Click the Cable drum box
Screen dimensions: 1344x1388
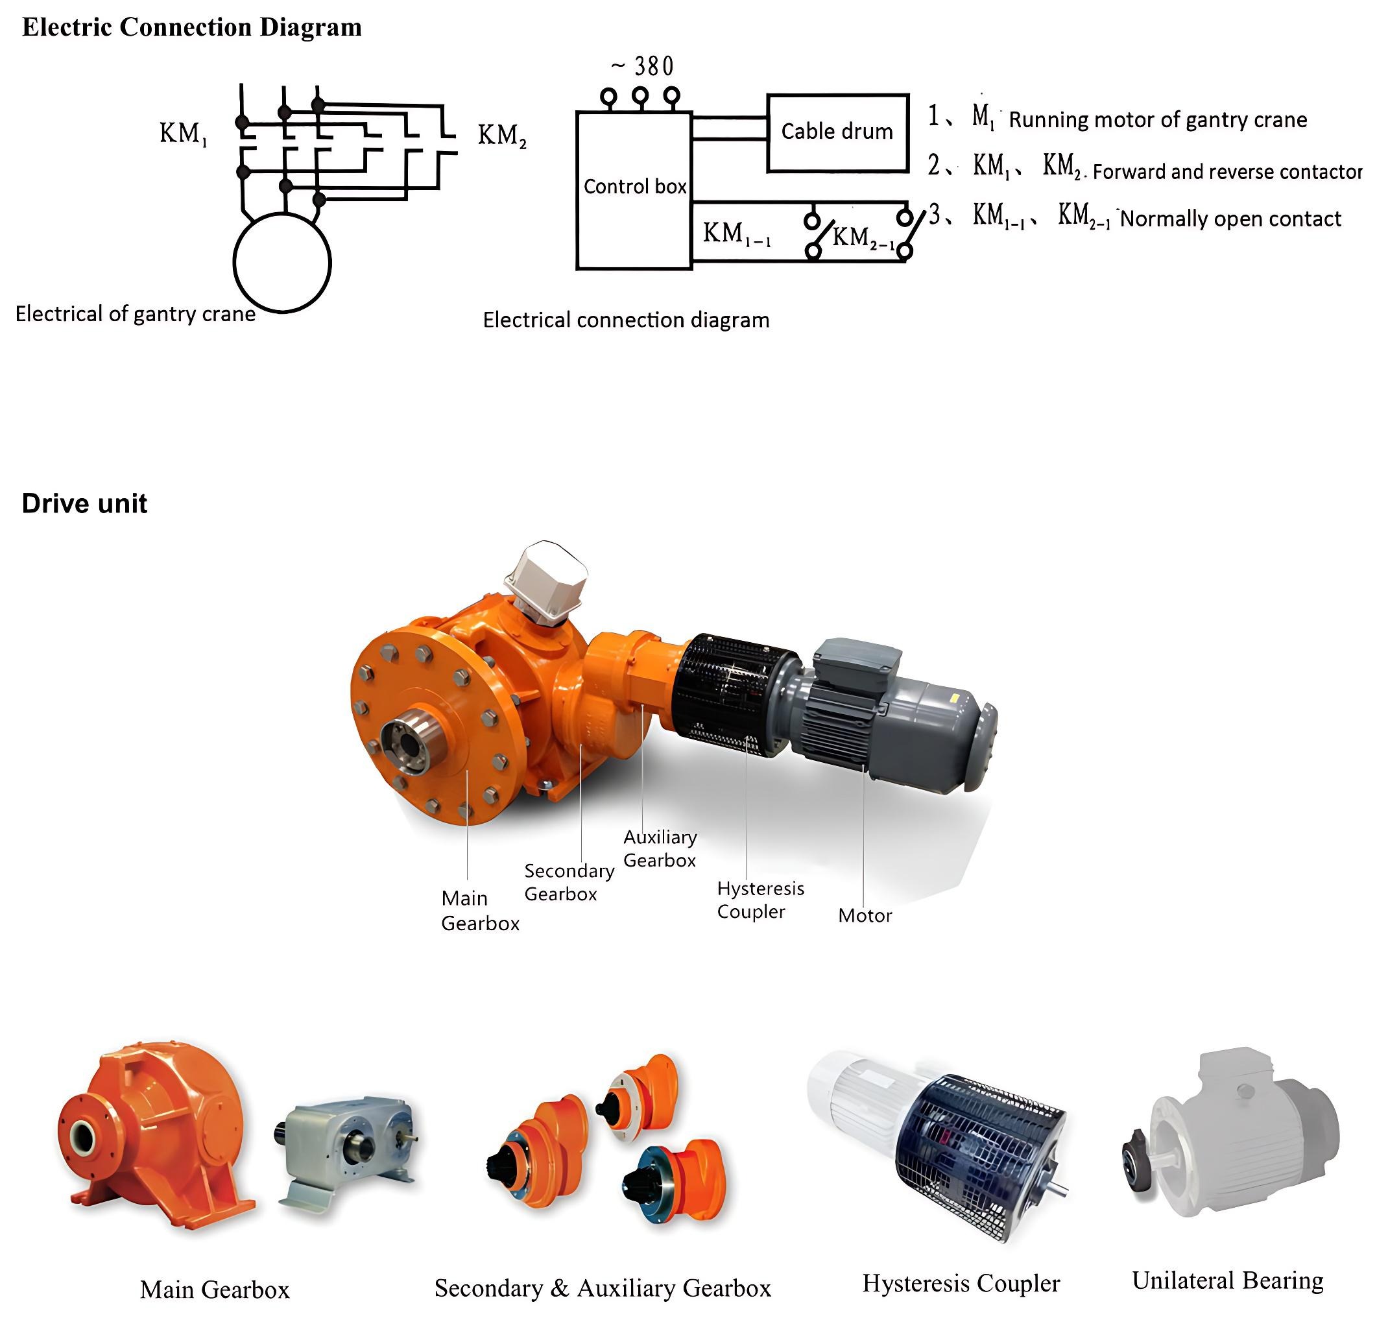pos(837,132)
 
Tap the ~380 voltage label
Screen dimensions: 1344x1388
pos(642,67)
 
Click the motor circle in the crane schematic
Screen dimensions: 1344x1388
pos(282,263)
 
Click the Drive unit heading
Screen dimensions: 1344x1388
pos(84,503)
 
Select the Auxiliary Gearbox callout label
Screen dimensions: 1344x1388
pos(659,848)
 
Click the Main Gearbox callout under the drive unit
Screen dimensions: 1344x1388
pos(479,911)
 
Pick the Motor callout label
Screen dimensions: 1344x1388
pos(865,916)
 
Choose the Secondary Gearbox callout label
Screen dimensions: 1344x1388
pos(569,882)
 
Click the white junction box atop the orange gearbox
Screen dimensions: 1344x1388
pos(546,580)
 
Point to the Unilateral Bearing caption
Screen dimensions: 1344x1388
pos(1227,1280)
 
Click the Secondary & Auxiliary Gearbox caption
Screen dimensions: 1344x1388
pos(603,1288)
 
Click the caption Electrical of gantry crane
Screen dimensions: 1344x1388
pos(136,314)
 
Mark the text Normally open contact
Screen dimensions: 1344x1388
pos(1231,219)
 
